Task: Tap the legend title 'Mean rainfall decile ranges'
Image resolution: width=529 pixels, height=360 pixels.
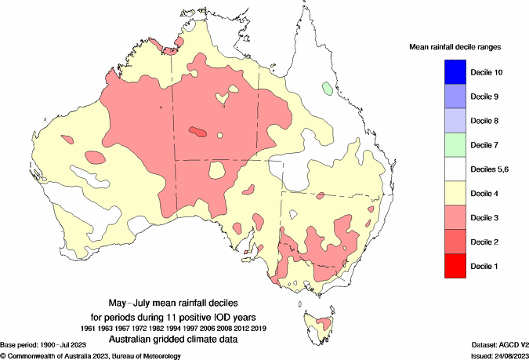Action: [x=456, y=47]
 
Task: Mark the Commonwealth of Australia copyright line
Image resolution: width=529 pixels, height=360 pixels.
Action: [x=91, y=355]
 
